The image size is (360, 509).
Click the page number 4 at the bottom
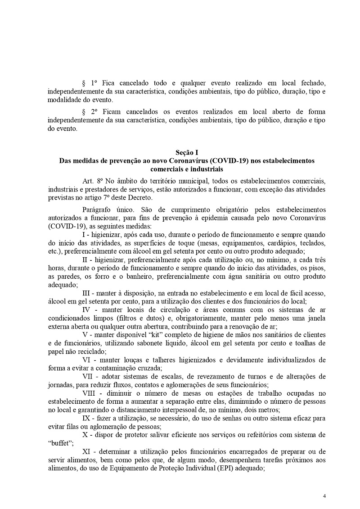324,496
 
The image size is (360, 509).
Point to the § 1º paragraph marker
90,84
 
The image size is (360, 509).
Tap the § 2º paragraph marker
90,111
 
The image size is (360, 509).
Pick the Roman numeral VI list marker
87,359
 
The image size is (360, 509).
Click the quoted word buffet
59,443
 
